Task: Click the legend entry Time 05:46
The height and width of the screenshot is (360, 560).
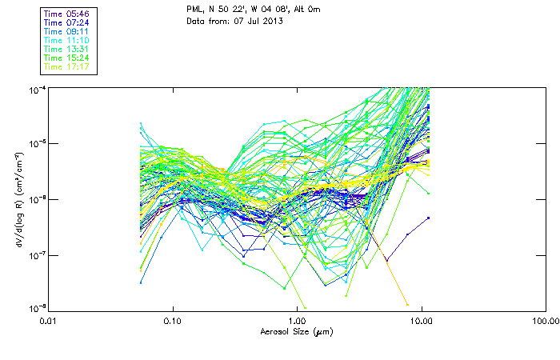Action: pos(66,14)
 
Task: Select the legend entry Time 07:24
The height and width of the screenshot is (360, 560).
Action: pos(66,22)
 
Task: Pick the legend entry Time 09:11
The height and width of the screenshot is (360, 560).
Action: pos(66,31)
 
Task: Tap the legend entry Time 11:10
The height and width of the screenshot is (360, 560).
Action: pos(66,40)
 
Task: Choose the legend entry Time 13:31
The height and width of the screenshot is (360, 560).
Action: pos(66,49)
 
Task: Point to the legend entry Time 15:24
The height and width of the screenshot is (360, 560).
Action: pos(66,58)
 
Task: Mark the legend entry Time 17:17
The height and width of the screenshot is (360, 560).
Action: pos(66,66)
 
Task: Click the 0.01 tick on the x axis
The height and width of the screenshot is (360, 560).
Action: pos(49,321)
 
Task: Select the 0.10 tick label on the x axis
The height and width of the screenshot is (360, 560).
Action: pos(173,321)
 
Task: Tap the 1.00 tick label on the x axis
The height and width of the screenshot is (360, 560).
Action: pos(298,321)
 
